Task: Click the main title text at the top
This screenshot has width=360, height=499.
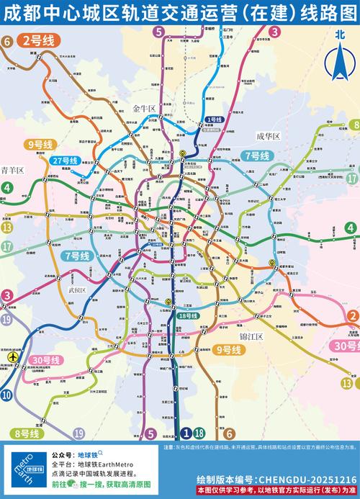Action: (180, 13)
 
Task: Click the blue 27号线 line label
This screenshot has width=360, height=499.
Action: (65, 161)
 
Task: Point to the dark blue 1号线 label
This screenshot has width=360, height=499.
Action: (214, 120)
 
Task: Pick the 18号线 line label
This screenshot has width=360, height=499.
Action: (189, 316)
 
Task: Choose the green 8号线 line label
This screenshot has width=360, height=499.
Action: (27, 433)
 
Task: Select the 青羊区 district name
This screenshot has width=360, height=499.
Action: (12, 170)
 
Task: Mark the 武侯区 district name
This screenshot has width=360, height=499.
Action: (76, 290)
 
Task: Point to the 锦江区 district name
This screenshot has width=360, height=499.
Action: (252, 336)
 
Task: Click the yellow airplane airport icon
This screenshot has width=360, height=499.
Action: (12, 356)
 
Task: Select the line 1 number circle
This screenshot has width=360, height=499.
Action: (186, 433)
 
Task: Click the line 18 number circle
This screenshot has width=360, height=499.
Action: (199, 433)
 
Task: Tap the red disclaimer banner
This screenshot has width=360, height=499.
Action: (276, 490)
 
